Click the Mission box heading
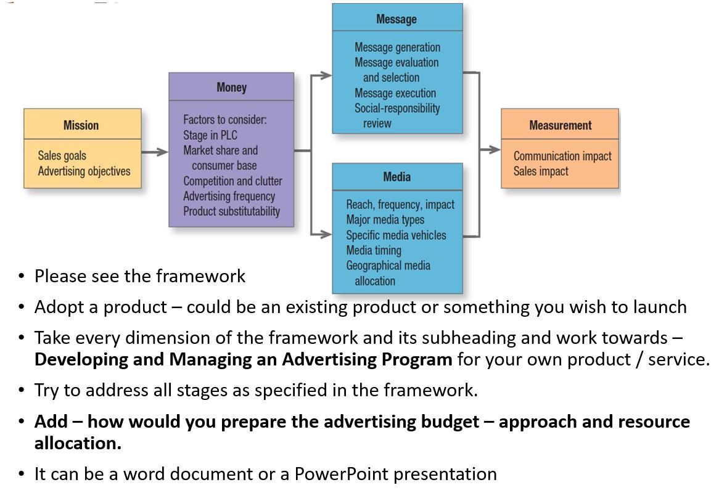click(x=81, y=125)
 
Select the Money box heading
click(x=231, y=88)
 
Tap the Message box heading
click(x=396, y=19)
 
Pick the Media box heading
click(x=396, y=177)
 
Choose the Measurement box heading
click(x=560, y=125)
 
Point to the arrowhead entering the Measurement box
click(x=495, y=149)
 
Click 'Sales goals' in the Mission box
click(x=62, y=156)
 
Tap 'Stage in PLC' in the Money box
click(x=210, y=135)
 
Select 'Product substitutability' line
click(x=231, y=211)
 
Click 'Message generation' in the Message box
click(x=397, y=47)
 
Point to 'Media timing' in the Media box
click(x=374, y=250)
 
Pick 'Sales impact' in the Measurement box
click(x=541, y=171)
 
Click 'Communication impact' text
click(x=562, y=156)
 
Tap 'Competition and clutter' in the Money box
click(x=232, y=181)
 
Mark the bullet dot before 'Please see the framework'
click(x=22, y=277)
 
